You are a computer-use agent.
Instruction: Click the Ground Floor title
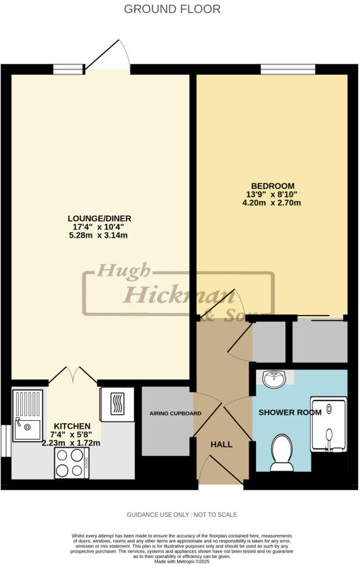pos(172,9)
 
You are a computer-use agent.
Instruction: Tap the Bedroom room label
pos(273,185)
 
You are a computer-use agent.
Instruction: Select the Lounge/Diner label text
pos(100,218)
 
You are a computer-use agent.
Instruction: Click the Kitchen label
pos(72,426)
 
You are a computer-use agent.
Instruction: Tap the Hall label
pos(221,444)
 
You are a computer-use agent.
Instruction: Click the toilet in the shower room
pos(282,452)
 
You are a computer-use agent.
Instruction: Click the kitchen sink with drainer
pos(27,415)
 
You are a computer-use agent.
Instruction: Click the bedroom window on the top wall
pos(288,69)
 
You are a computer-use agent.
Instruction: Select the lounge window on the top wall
pos(67,69)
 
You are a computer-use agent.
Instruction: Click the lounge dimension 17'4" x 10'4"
pos(100,227)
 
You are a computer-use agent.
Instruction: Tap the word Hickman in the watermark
pos(179,295)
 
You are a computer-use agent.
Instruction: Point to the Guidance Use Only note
pos(181,514)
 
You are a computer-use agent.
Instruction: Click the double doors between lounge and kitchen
pos(74,375)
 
